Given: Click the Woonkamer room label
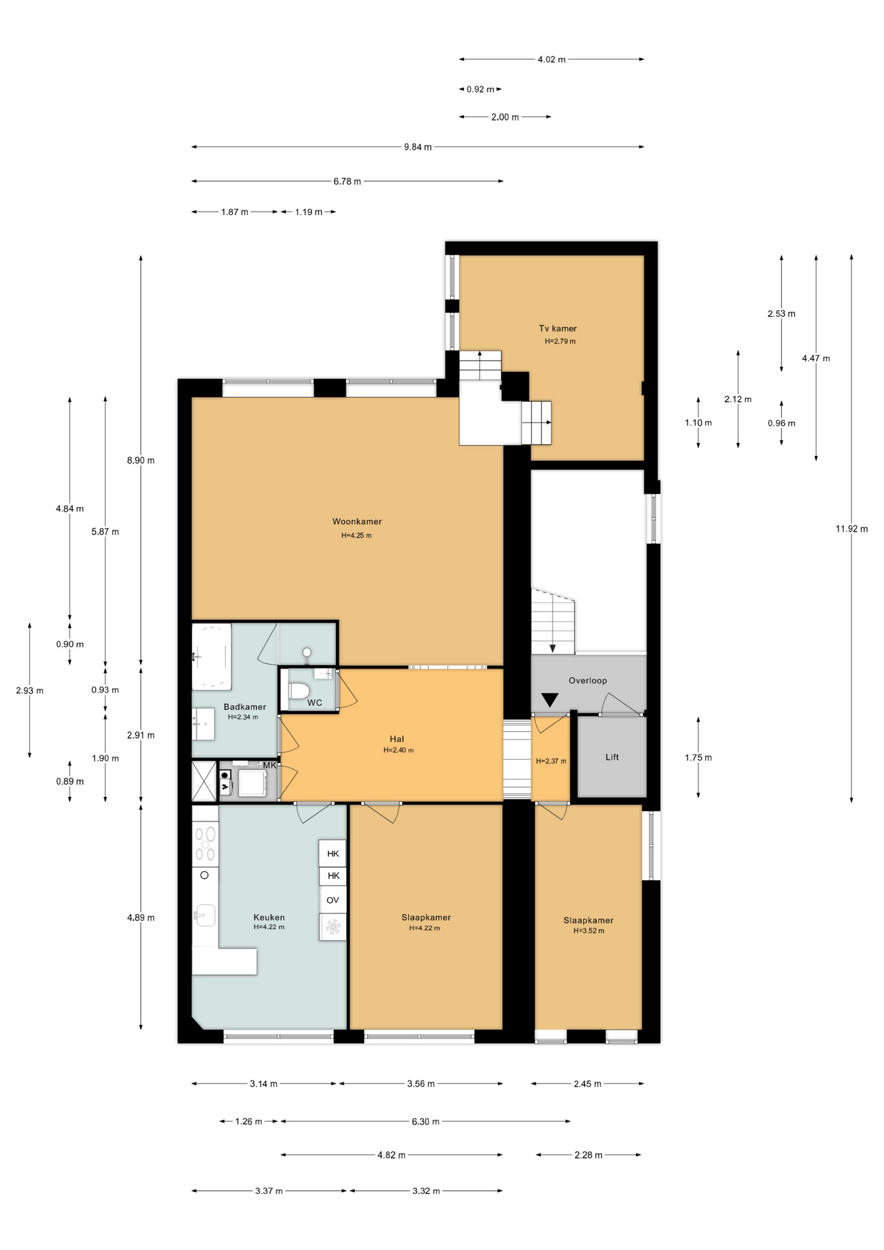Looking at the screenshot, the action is click(x=357, y=521).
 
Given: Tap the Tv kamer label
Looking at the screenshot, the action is click(x=558, y=329).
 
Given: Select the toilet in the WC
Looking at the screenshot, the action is click(x=299, y=690).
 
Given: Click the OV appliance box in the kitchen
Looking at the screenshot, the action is click(x=333, y=900).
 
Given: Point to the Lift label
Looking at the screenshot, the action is click(x=612, y=757).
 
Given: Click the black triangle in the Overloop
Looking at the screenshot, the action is click(x=550, y=700).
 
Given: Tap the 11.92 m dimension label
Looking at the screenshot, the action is click(x=851, y=529).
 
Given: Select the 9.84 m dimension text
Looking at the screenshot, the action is click(x=418, y=147).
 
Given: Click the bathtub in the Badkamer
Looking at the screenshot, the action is click(x=212, y=656).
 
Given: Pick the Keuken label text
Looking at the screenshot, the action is click(x=269, y=917).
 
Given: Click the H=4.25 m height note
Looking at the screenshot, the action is click(x=357, y=536).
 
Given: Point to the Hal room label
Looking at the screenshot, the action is click(x=397, y=739).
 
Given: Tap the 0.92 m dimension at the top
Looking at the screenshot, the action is click(x=480, y=89).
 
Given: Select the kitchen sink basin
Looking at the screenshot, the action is click(x=204, y=915).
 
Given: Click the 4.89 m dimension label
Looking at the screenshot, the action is click(x=141, y=918).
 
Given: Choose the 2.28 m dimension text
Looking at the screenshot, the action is click(x=588, y=1155).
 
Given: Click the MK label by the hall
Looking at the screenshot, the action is click(x=269, y=766).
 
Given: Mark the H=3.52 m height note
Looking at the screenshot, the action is click(x=588, y=931).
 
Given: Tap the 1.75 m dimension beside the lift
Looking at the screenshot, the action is click(x=698, y=758).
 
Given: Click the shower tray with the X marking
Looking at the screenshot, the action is click(x=204, y=781).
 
